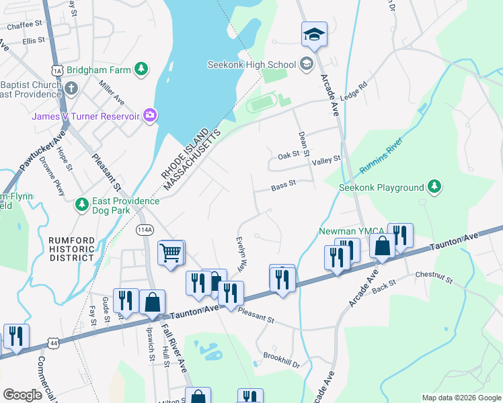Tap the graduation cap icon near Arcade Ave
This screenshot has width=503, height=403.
pyautogui.click(x=314, y=34)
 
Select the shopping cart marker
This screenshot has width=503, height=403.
pyautogui.click(x=171, y=253)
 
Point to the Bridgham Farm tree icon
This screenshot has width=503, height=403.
pyautogui.click(x=141, y=69)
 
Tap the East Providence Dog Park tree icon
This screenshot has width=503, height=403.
pyautogui.click(x=82, y=203)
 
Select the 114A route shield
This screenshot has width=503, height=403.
pyautogui.click(x=144, y=230)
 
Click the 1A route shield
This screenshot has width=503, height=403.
pyautogui.click(x=57, y=70)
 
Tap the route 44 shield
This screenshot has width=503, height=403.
pyautogui.click(x=54, y=343)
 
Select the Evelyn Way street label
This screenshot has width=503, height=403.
pyautogui.click(x=241, y=253)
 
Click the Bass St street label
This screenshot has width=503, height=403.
pyautogui.click(x=283, y=183)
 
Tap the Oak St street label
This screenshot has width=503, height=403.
pyautogui.click(x=288, y=156)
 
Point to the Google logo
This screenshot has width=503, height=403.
pyautogui.click(x=23, y=394)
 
